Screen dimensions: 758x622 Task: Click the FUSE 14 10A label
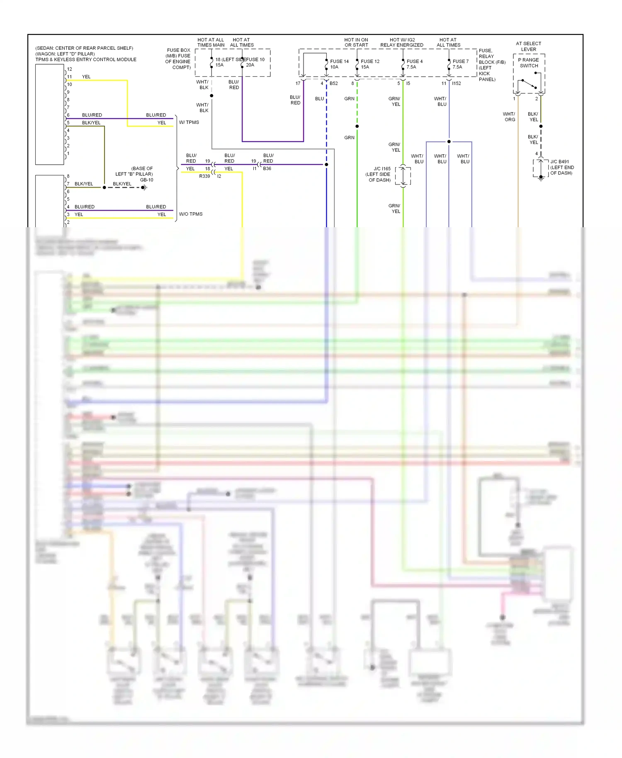click(x=339, y=64)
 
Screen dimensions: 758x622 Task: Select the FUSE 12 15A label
click(x=369, y=64)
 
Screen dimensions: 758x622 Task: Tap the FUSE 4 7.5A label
click(x=414, y=64)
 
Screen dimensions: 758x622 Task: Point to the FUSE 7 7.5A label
click(x=460, y=64)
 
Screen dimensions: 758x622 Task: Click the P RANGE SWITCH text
click(x=529, y=63)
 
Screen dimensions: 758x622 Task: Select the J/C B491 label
click(x=559, y=162)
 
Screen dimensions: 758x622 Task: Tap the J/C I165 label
click(x=382, y=169)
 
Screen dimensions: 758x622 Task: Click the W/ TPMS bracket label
click(x=189, y=122)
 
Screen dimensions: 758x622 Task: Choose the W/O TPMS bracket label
click(x=191, y=214)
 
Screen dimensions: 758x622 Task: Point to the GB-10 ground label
click(x=146, y=180)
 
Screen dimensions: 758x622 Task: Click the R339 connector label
click(x=204, y=176)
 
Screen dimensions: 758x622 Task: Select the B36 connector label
click(x=267, y=169)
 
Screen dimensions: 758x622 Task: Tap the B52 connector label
click(x=334, y=83)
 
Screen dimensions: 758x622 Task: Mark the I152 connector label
click(x=457, y=83)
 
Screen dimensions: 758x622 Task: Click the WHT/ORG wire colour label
click(x=509, y=117)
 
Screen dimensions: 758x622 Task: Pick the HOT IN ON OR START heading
click(x=356, y=42)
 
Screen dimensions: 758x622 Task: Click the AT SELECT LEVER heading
click(x=528, y=46)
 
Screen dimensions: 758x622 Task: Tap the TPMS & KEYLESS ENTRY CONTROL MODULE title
click(x=86, y=59)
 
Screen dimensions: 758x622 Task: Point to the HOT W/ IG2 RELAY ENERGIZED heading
click(x=402, y=42)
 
